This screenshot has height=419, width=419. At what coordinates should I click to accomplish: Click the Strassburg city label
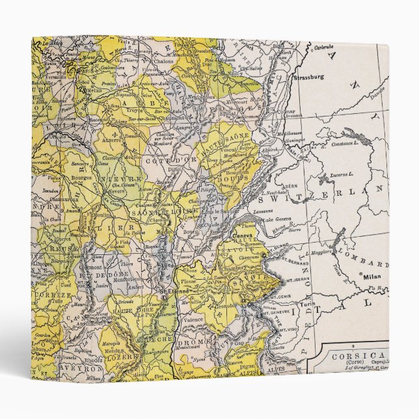click(x=308, y=77)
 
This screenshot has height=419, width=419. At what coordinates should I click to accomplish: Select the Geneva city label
click(x=242, y=236)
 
